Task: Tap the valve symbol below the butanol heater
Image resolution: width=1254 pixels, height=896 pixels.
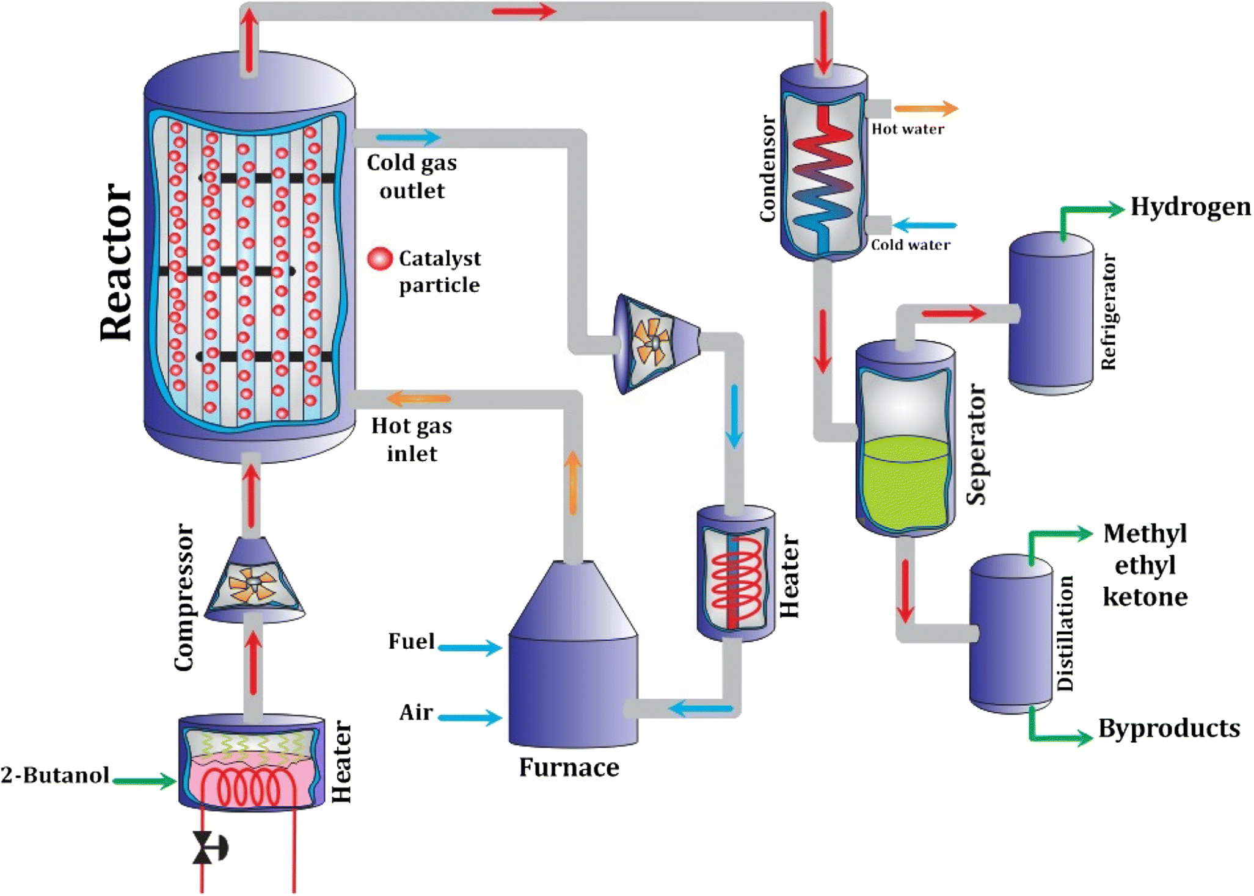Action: click(x=203, y=848)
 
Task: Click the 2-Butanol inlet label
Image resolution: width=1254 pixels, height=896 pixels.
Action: click(x=55, y=775)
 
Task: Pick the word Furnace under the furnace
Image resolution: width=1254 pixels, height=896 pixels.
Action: click(x=569, y=767)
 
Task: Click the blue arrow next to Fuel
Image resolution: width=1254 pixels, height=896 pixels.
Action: click(x=470, y=648)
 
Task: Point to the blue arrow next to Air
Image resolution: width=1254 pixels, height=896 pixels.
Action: click(x=470, y=717)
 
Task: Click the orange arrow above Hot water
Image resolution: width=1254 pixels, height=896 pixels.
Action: click(x=925, y=109)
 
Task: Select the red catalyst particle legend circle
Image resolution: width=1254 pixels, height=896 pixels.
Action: click(x=380, y=259)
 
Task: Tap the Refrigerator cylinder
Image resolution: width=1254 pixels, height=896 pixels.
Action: click(x=1050, y=314)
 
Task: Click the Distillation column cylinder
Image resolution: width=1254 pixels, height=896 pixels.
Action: click(x=1011, y=635)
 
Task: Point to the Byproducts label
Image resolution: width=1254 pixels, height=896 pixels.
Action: click(x=1168, y=728)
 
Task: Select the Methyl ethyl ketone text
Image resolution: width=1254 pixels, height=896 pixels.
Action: click(x=1145, y=565)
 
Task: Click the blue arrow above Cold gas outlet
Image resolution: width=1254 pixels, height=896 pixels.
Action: click(x=408, y=137)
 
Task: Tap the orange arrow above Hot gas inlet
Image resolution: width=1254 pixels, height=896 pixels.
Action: click(x=418, y=399)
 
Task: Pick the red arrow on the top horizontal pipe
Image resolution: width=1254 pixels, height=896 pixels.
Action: click(x=523, y=11)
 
